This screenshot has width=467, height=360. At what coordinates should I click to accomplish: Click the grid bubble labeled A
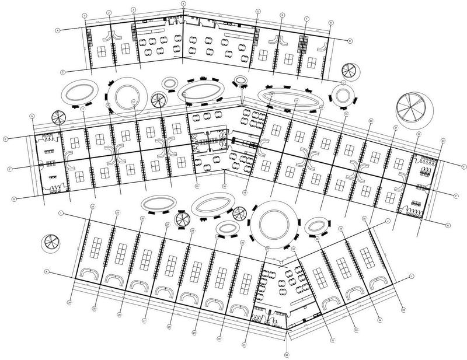pos(58,30)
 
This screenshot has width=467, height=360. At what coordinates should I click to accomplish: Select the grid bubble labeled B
pos(350,41)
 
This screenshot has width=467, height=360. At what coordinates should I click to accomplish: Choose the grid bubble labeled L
pos(412,275)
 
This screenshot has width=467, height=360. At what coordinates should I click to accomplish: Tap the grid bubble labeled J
pos(387,221)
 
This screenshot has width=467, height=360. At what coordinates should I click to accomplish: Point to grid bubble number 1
pos(85,16)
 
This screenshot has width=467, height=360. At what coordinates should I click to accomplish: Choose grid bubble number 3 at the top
pos(133,10)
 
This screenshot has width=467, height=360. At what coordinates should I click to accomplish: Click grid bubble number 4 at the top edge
pos(183,4)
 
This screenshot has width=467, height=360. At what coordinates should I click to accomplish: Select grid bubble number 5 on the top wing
pos(257,11)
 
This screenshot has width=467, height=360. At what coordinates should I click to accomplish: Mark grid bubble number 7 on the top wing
pos(306,19)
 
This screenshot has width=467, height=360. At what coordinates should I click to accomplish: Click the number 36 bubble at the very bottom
pos(287,354)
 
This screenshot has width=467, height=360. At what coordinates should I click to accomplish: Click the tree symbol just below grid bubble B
pos(350,71)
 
